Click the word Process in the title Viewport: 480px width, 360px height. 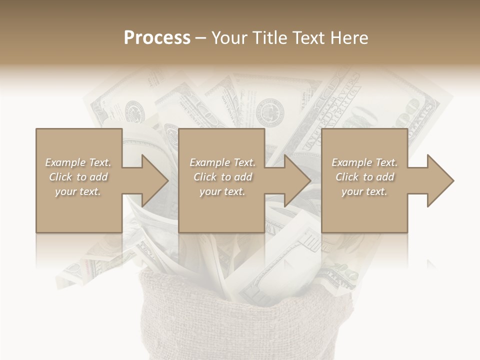[157, 38]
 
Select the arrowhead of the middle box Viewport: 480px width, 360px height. [296, 180]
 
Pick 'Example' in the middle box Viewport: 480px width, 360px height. [208, 162]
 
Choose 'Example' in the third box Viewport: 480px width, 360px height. [350, 162]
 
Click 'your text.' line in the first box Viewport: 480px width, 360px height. [78, 191]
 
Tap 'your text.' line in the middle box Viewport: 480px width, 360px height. [222, 191]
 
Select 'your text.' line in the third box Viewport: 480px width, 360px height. [364, 191]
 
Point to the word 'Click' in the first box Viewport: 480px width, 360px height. [61, 177]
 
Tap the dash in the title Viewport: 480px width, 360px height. [201, 38]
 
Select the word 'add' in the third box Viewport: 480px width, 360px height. [385, 177]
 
